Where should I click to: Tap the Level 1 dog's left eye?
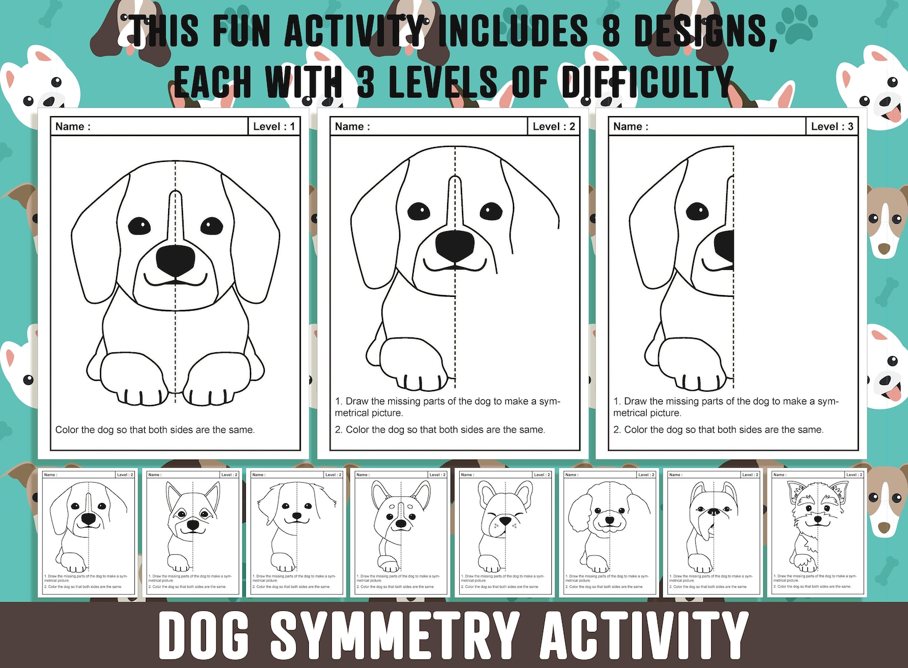click(x=139, y=226)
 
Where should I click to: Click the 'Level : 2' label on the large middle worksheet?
click(x=553, y=126)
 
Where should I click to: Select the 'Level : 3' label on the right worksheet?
click(x=831, y=126)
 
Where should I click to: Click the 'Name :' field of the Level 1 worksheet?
click(x=73, y=126)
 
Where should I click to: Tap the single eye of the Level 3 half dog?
click(x=696, y=211)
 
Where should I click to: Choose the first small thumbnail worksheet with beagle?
click(x=88, y=532)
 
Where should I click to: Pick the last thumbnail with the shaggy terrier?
click(x=818, y=532)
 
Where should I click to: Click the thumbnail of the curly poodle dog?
click(x=610, y=532)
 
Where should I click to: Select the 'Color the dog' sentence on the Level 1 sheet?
click(x=154, y=430)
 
